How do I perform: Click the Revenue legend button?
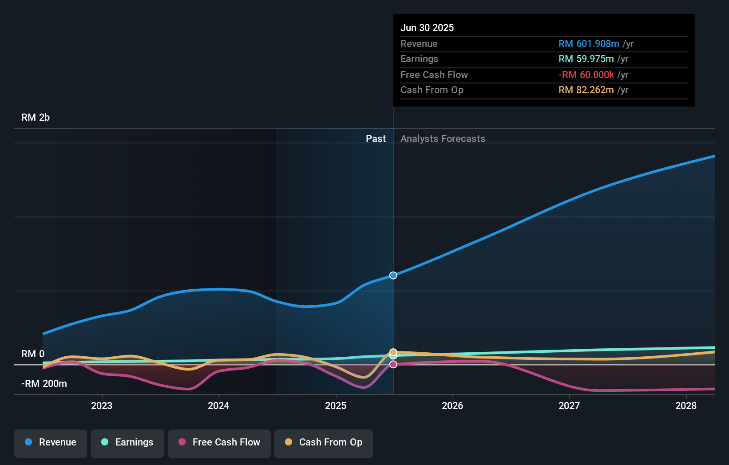(x=51, y=443)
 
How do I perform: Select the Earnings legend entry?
(x=127, y=443)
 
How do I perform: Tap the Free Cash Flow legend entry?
(x=219, y=443)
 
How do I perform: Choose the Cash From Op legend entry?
(x=324, y=443)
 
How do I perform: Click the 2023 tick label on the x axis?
(x=102, y=406)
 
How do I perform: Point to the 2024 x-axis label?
(x=218, y=406)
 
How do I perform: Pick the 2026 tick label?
(x=452, y=406)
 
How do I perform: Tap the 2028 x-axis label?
(x=686, y=406)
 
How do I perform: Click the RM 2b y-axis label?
(x=36, y=118)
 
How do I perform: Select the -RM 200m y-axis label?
(x=44, y=384)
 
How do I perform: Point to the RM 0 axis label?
(x=33, y=354)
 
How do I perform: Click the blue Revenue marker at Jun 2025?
(x=393, y=276)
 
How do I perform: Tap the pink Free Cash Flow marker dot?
(x=393, y=365)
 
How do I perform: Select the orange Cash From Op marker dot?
(x=393, y=352)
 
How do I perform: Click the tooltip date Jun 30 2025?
(x=427, y=28)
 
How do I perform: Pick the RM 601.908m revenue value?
(x=589, y=44)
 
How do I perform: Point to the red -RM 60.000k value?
(x=586, y=75)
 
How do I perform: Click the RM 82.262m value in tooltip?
(x=586, y=90)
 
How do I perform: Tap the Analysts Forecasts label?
(x=443, y=139)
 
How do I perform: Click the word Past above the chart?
(x=376, y=139)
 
